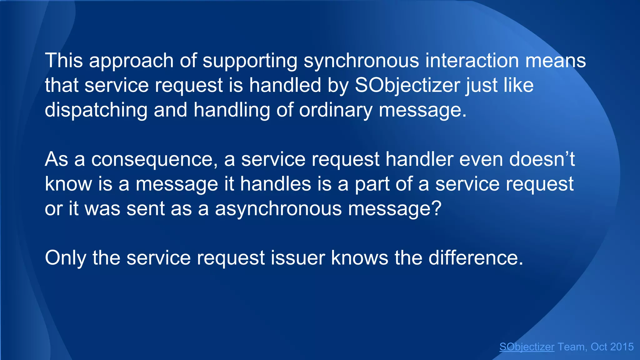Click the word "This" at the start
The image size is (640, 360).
point(64,60)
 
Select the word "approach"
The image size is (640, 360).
point(131,61)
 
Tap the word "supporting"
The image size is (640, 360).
point(250,61)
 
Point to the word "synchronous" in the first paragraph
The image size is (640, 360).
point(361,61)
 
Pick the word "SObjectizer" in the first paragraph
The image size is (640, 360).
point(407,86)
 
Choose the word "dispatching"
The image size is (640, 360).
point(96,110)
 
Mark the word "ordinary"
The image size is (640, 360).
point(336,110)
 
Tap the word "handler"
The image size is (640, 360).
point(419,159)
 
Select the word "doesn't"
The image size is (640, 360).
point(542,159)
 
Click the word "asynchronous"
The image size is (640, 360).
point(278,209)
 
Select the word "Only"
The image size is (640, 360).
point(65,258)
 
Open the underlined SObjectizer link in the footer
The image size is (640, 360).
point(527,347)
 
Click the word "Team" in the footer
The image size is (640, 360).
point(571,347)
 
